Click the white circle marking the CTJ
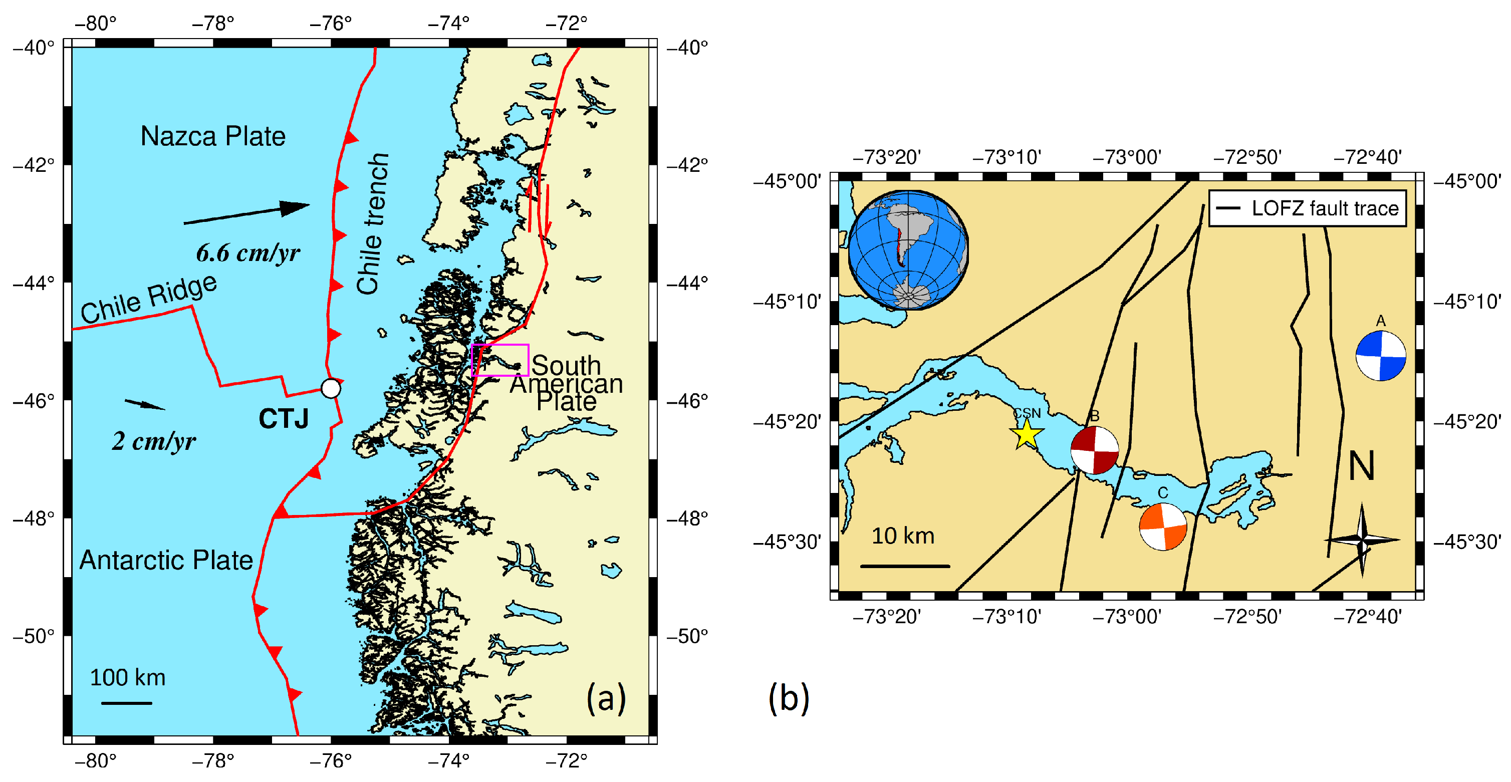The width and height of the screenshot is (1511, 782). (331, 388)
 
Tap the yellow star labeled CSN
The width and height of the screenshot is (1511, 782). (1027, 435)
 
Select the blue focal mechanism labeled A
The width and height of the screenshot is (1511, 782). (1380, 356)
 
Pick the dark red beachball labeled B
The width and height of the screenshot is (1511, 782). (1094, 450)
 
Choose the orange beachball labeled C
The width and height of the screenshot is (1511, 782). (1163, 526)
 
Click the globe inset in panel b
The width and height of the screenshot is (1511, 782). (907, 250)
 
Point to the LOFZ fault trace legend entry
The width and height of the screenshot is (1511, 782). (1308, 208)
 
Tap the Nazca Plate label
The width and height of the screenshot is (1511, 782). (213, 136)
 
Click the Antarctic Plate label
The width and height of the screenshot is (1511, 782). (166, 560)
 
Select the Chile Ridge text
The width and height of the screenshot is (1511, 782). (148, 299)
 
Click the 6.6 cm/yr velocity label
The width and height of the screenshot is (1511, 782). (247, 253)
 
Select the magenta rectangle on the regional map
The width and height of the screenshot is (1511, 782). (500, 360)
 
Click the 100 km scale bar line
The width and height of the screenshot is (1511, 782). (127, 703)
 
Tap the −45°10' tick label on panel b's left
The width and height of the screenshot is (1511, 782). (787, 302)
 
